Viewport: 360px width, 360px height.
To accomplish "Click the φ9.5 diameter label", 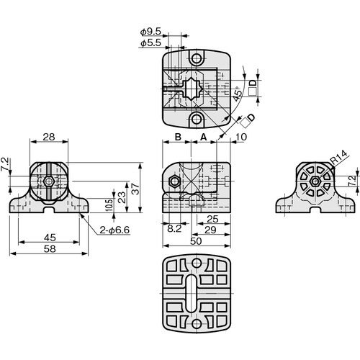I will point(150,32).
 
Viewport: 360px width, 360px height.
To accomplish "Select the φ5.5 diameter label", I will point(150,44).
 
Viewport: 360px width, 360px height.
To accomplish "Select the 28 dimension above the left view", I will point(49,137).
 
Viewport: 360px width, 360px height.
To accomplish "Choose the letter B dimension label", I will point(176,137).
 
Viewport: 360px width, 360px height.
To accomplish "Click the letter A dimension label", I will point(203,137).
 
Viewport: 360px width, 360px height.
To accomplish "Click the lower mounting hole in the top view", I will point(196,119).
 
